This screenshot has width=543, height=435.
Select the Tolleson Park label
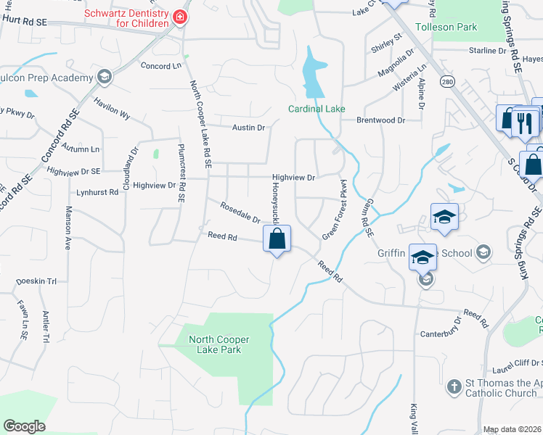click(x=446, y=27)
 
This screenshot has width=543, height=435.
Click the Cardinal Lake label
click(x=317, y=109)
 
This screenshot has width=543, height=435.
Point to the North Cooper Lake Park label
click(x=219, y=344)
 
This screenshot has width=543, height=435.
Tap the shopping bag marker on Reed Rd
click(x=277, y=239)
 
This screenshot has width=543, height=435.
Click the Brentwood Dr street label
click(x=380, y=120)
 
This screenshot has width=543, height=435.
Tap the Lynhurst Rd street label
click(x=97, y=192)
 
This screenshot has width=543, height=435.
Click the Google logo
click(x=24, y=426)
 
